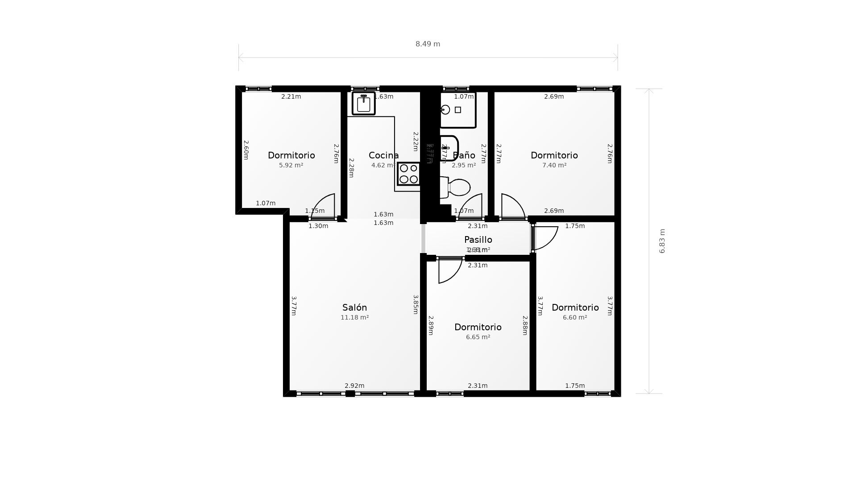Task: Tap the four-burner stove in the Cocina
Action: [408, 174]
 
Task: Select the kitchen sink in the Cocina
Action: [364, 104]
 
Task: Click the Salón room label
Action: [354, 307]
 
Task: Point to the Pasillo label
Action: [478, 240]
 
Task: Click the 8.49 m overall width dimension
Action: [428, 44]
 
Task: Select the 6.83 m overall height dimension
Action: [662, 241]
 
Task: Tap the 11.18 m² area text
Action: [354, 317]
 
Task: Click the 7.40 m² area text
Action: [554, 165]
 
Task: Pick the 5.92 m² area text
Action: [291, 165]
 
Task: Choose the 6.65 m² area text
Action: [478, 337]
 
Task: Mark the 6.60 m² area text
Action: [574, 317]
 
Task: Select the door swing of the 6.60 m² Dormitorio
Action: [545, 237]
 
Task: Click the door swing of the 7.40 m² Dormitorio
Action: [512, 206]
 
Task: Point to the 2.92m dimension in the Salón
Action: [354, 386]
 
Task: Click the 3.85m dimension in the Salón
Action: [416, 304]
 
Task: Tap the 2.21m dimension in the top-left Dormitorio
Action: [291, 96]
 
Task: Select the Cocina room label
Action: [383, 155]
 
